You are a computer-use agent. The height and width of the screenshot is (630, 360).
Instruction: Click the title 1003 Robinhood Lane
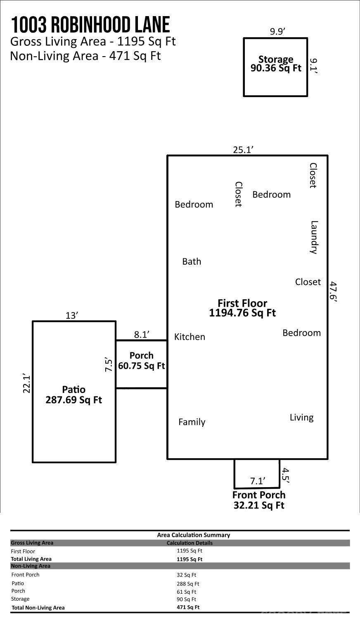tap(90, 25)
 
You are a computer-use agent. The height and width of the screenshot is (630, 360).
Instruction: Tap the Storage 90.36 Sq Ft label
tap(276, 64)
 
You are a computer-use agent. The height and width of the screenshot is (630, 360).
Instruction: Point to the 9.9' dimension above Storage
tap(278, 31)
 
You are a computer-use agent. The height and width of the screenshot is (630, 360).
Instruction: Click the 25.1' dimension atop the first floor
tap(243, 149)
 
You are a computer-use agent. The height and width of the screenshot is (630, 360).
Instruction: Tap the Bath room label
tap(192, 261)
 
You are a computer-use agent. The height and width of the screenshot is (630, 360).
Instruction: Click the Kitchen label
tap(189, 336)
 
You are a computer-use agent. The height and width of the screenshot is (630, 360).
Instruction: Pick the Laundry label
tap(314, 237)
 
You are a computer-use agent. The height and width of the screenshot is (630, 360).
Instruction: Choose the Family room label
tap(192, 422)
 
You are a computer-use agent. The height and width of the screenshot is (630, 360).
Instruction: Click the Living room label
tap(302, 417)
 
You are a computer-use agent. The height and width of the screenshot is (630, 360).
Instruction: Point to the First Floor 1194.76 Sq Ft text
tap(242, 308)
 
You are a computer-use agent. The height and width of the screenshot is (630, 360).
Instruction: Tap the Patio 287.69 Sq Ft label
tap(73, 395)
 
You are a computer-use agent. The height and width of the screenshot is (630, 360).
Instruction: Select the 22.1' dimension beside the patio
tap(26, 384)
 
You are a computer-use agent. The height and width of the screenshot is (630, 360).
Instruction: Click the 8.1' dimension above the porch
tap(142, 334)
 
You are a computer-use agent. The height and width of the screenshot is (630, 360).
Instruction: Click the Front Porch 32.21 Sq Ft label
tap(259, 500)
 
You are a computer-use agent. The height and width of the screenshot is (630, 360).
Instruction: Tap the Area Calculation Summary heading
tap(194, 535)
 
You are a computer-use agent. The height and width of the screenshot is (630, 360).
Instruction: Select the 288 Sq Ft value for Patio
tap(188, 584)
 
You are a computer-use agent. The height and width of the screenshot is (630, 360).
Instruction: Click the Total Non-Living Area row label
tap(38, 608)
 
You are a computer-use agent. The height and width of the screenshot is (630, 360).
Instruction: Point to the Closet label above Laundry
tap(313, 175)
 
